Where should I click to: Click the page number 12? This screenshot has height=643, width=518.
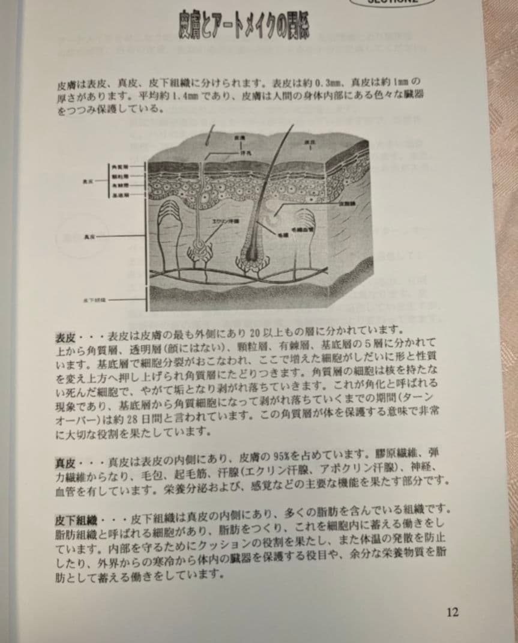(x=453, y=612)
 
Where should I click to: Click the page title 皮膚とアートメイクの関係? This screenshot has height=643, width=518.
(x=247, y=25)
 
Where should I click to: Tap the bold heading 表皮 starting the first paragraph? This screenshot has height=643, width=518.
(x=65, y=334)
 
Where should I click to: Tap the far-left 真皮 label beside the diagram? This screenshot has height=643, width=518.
(x=91, y=237)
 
